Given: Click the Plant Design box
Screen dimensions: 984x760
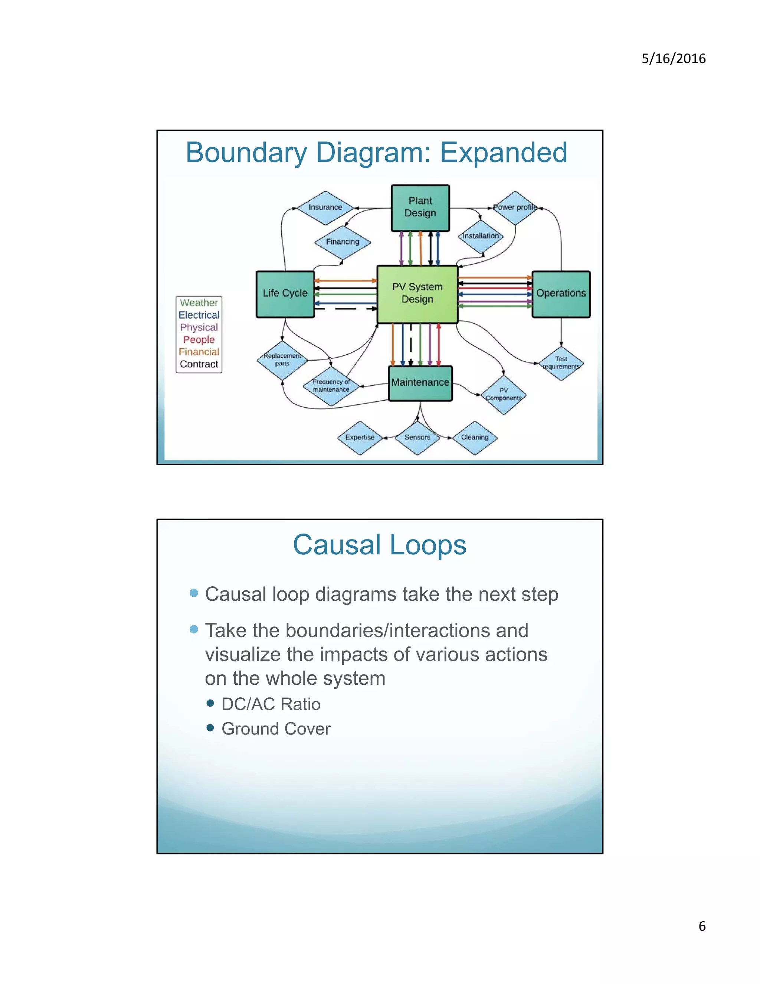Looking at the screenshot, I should (x=420, y=208).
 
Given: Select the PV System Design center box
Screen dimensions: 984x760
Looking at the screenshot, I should (x=417, y=294).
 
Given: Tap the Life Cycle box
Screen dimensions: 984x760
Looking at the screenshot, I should (x=285, y=294).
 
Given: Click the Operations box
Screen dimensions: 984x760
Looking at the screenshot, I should (x=561, y=294).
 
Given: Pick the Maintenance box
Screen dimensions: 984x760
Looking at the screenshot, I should (x=420, y=383).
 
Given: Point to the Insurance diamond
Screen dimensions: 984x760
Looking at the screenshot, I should (x=325, y=208).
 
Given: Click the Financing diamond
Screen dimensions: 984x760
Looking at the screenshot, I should (x=343, y=242).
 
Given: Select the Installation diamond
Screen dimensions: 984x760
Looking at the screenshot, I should (x=481, y=237).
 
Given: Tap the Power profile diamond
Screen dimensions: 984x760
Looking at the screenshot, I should (x=515, y=208).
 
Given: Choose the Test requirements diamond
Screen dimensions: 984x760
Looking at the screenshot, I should (x=561, y=363).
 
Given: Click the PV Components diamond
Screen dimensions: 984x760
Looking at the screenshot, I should (x=503, y=395).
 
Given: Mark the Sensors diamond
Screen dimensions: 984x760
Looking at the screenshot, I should (x=417, y=437).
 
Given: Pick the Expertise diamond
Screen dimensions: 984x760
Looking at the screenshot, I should (x=360, y=437).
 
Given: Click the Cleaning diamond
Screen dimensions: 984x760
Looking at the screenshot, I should (x=475, y=437).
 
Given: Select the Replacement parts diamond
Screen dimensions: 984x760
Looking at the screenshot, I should (x=282, y=360).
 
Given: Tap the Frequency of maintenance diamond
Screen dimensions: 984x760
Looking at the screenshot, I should (x=331, y=386).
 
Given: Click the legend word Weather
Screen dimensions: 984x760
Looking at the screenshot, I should (x=199, y=303).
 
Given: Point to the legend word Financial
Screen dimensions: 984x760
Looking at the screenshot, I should (x=199, y=352).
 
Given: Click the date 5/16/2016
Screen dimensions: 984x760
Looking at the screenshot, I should (x=673, y=59).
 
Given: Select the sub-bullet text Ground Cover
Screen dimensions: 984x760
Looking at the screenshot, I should (x=276, y=729).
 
